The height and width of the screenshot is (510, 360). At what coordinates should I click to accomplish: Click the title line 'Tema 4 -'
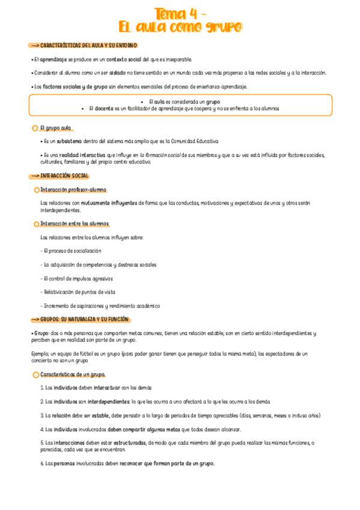click(180, 13)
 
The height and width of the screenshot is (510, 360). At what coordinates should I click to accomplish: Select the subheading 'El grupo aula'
click(56, 128)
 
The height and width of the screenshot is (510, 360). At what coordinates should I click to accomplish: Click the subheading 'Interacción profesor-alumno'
click(73, 189)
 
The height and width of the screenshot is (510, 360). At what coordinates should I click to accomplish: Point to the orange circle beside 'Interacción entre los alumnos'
click(37, 224)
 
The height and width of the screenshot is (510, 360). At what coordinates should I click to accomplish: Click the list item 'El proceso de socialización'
click(72, 250)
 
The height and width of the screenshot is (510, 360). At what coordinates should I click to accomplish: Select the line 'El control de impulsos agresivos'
click(78, 278)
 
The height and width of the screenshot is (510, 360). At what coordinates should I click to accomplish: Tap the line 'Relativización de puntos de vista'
click(79, 292)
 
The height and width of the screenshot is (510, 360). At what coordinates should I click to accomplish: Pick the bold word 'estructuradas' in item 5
click(129, 443)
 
